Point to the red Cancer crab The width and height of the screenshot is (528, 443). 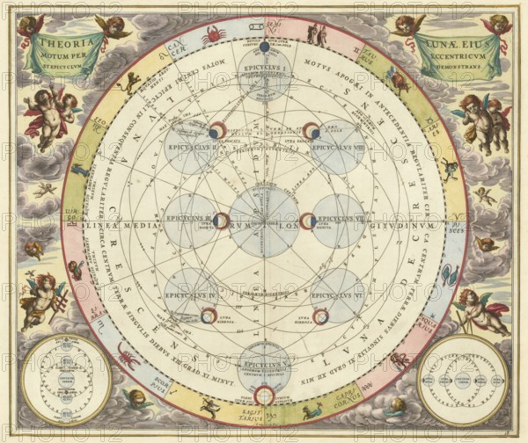tap(214, 36)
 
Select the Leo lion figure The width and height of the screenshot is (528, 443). tap(133, 83)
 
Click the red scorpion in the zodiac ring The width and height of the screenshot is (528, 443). tap(128, 356)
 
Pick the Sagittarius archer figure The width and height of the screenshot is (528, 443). tap(210, 406)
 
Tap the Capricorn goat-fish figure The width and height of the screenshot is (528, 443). tap(313, 410)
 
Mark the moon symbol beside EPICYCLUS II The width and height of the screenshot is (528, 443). tap(217, 132)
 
